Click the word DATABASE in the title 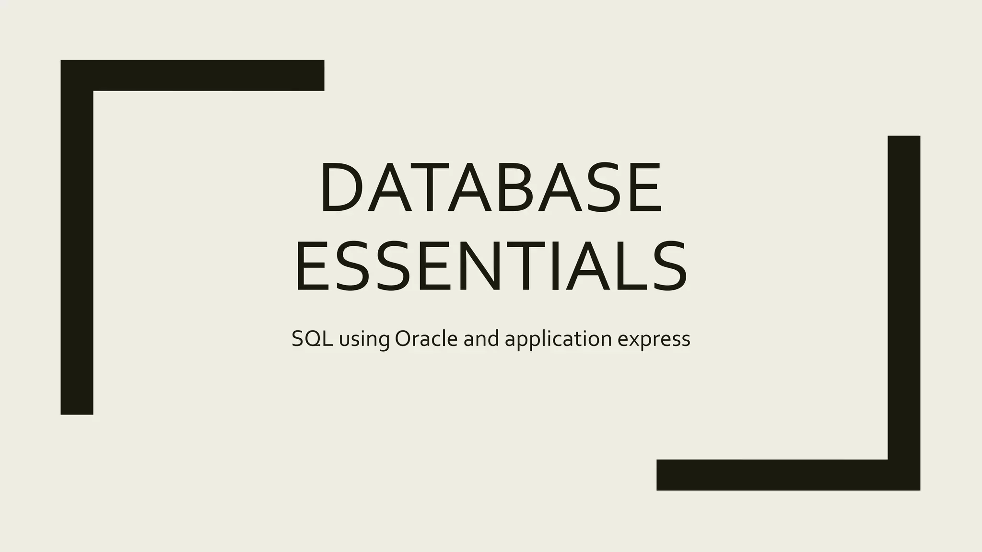[x=491, y=187]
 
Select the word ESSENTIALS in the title [x=491, y=267]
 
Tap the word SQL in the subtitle [x=312, y=339]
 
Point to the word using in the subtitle [x=364, y=340]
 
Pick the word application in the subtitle [x=558, y=340]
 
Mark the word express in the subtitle [x=654, y=340]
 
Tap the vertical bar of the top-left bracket [x=77, y=249]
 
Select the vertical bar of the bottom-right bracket [x=904, y=297]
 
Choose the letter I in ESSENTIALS [x=555, y=267]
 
